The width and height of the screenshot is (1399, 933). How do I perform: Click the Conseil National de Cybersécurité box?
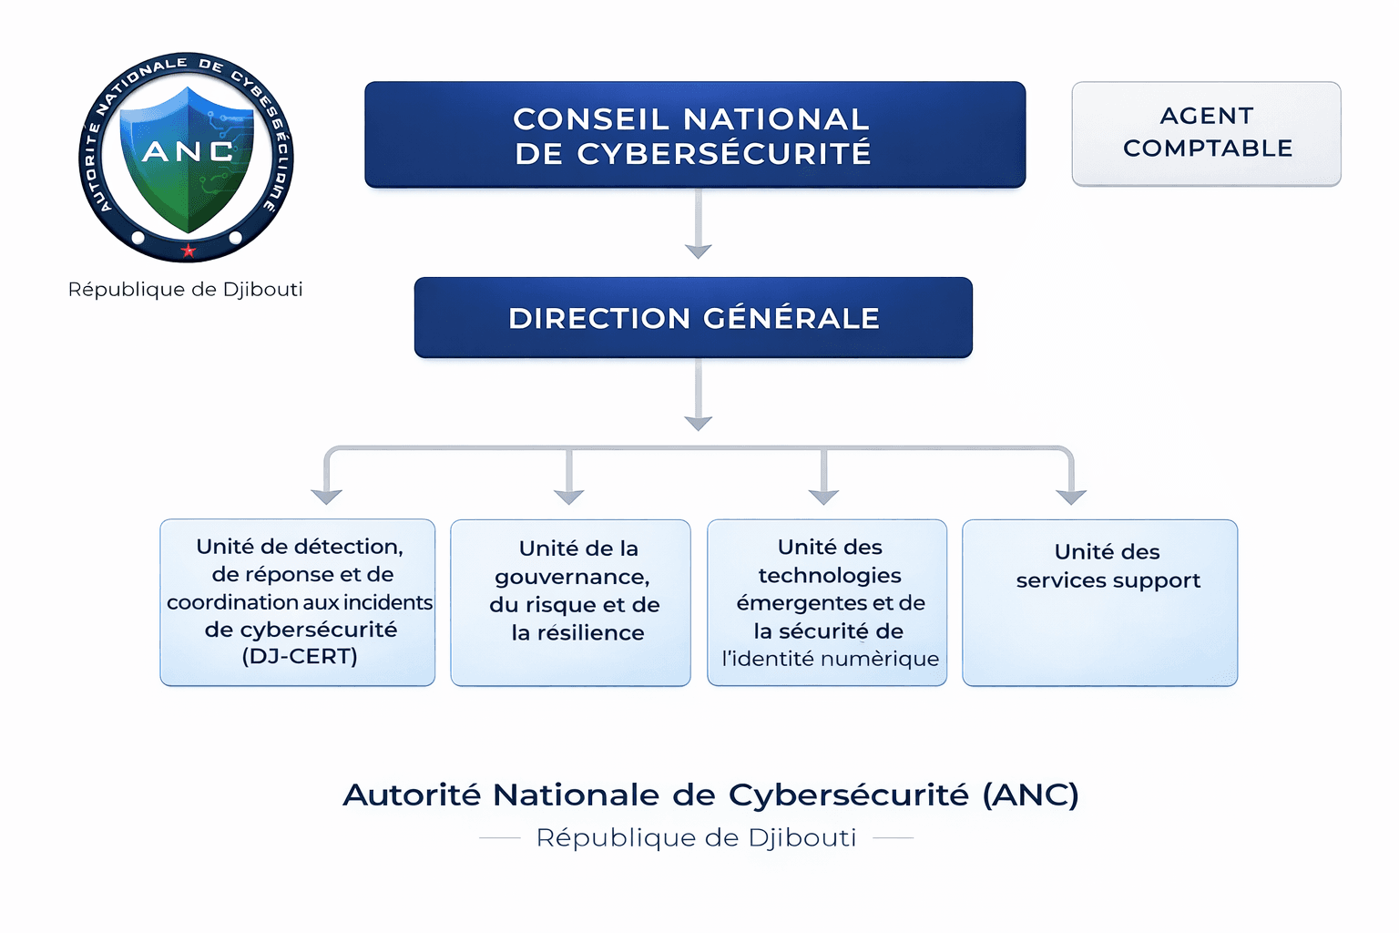[x=695, y=135]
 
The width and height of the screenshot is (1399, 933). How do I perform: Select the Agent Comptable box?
[x=1206, y=133]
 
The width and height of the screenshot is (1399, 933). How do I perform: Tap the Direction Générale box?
[x=693, y=317]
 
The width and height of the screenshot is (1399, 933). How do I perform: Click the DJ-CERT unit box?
[x=298, y=602]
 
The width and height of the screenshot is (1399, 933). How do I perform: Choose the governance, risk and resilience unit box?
[x=571, y=602]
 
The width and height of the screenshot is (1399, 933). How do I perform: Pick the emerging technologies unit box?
[x=827, y=602]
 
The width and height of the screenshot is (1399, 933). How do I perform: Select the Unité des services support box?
[x=1099, y=602]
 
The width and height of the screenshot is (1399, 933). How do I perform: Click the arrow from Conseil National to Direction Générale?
[x=698, y=224]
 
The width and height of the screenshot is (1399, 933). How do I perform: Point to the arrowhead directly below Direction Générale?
[x=698, y=423]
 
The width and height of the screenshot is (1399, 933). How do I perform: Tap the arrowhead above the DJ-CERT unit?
[x=326, y=496]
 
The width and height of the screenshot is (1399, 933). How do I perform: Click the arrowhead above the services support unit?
[x=1071, y=496]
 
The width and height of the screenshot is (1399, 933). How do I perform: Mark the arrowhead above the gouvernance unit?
[x=569, y=496]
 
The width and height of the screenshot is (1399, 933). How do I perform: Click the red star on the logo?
[x=189, y=251]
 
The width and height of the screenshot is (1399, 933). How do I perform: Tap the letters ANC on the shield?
[x=188, y=151]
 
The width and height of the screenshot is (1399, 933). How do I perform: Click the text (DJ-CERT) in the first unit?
[x=300, y=656]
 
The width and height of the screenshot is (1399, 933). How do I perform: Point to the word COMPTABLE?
[x=1208, y=149]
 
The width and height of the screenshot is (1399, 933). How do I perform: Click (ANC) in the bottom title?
[x=1030, y=795]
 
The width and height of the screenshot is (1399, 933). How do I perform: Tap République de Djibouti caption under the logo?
[x=186, y=290]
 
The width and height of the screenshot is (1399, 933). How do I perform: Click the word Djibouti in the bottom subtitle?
[x=802, y=837]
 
